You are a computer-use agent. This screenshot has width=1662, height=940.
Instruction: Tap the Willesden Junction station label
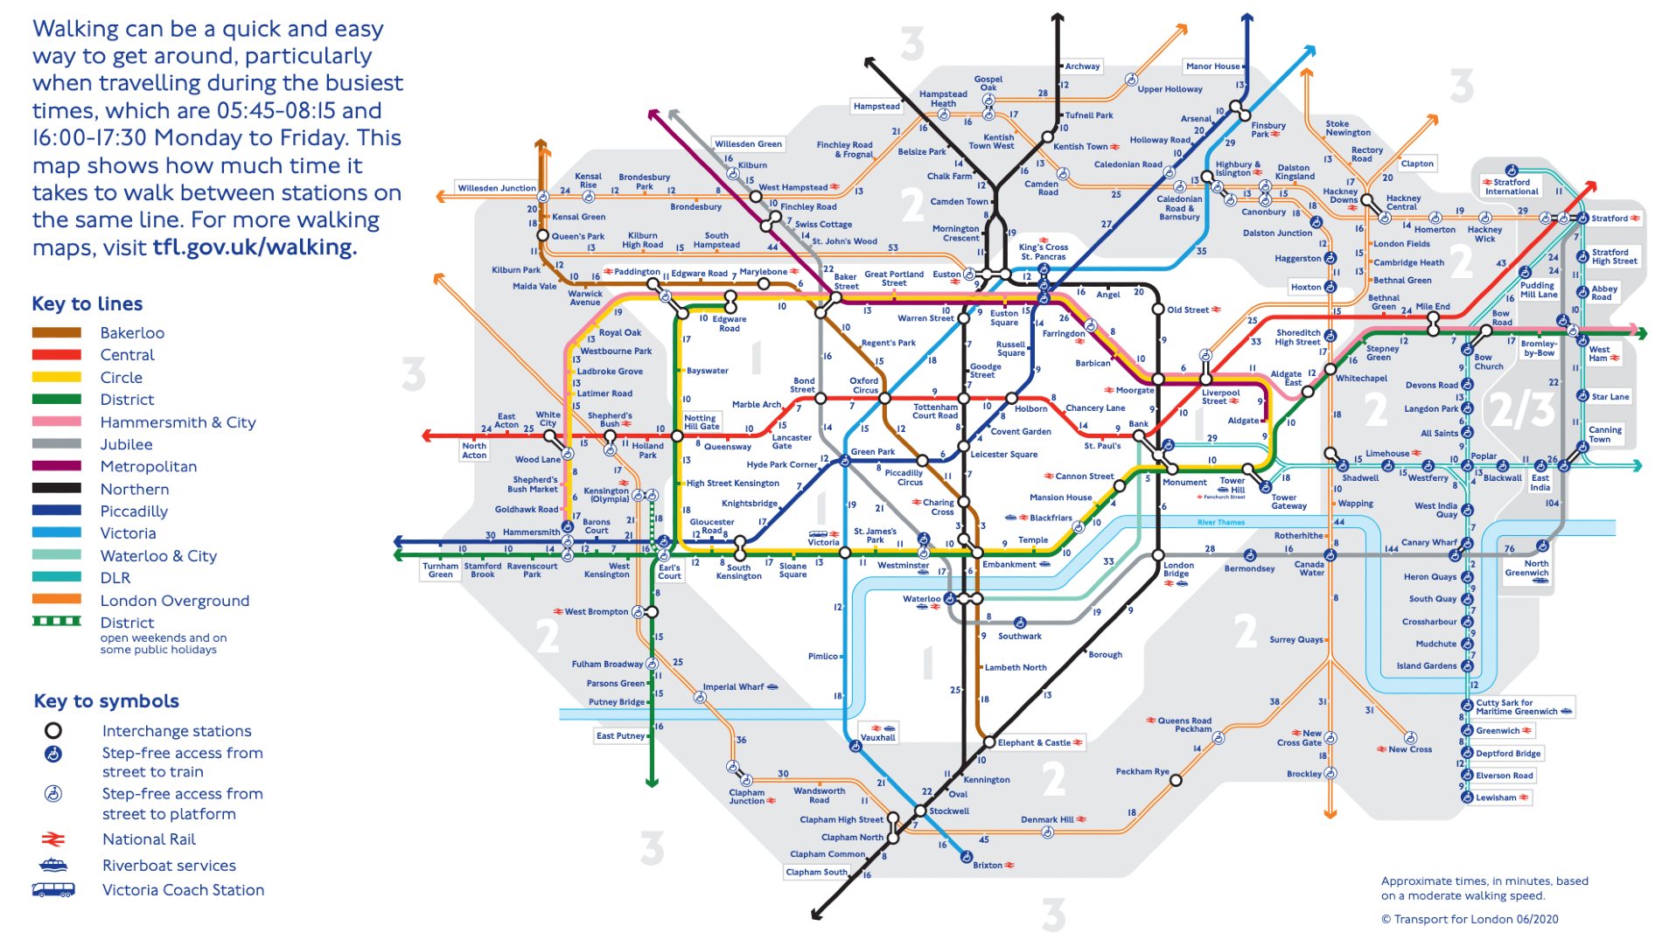coord(497,188)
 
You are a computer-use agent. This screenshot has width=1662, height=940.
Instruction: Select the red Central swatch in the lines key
coord(57,355)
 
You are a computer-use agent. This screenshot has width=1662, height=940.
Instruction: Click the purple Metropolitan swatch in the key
coord(57,466)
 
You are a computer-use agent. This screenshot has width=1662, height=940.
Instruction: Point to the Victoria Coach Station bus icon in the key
coord(53,890)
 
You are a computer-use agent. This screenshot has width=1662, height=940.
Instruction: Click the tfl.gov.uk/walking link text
coord(255,247)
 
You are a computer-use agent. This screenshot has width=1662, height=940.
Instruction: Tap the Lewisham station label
coord(1496,797)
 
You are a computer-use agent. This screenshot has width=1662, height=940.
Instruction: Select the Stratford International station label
coord(1511,186)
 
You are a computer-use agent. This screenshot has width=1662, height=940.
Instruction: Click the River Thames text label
coord(1220,522)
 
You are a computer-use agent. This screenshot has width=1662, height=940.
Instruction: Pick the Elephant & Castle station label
coord(1034,742)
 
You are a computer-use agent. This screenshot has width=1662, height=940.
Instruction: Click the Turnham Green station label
coord(441,570)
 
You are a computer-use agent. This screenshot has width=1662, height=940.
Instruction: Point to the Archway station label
coord(1082,66)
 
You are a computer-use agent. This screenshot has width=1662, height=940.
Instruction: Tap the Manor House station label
coord(1213,66)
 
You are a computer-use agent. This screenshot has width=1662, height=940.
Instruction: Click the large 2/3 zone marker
coord(1522,409)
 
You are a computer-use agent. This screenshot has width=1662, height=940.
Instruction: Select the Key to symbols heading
coord(106,701)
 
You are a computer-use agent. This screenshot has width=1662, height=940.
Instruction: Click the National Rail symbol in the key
coord(53,839)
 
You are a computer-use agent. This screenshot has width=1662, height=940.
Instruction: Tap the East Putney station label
coord(620,735)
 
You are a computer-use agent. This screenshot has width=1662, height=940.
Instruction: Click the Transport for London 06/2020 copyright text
coord(1470,919)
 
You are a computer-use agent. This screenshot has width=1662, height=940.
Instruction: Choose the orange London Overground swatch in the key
coord(57,600)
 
